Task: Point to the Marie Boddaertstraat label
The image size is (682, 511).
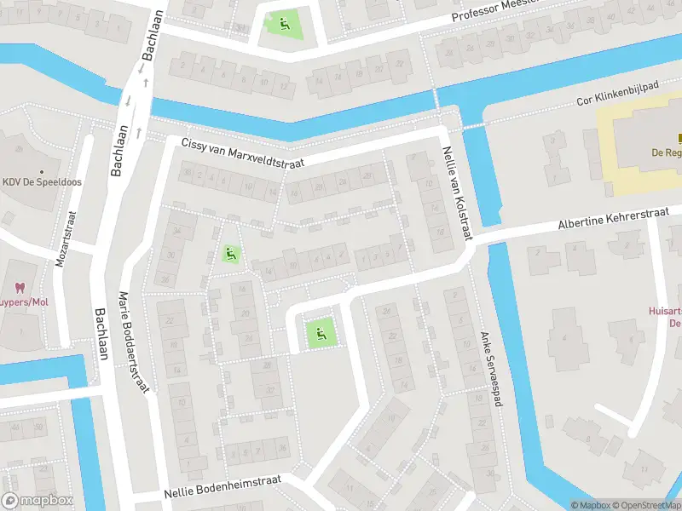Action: (134, 341)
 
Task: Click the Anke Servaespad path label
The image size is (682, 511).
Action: (487, 373)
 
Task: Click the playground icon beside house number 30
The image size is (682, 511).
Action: (229, 253)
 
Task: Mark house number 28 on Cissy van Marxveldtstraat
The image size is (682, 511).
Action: (367, 176)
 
